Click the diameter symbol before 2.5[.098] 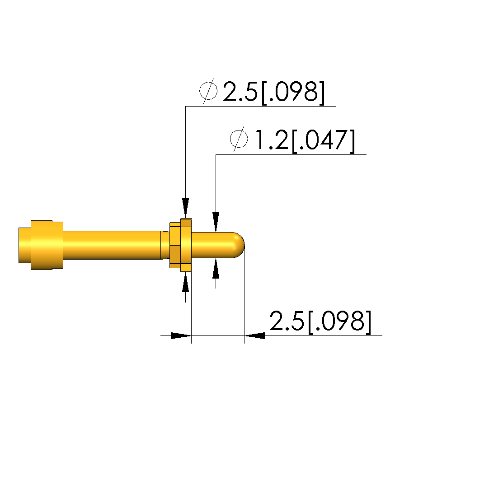click(x=208, y=91)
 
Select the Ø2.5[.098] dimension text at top click(x=262, y=92)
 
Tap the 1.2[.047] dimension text click(x=305, y=140)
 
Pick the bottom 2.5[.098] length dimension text click(x=320, y=321)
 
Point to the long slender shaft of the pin click(x=112, y=245)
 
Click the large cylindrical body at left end click(x=47, y=245)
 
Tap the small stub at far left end click(x=25, y=245)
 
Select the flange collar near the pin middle click(x=180, y=245)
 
